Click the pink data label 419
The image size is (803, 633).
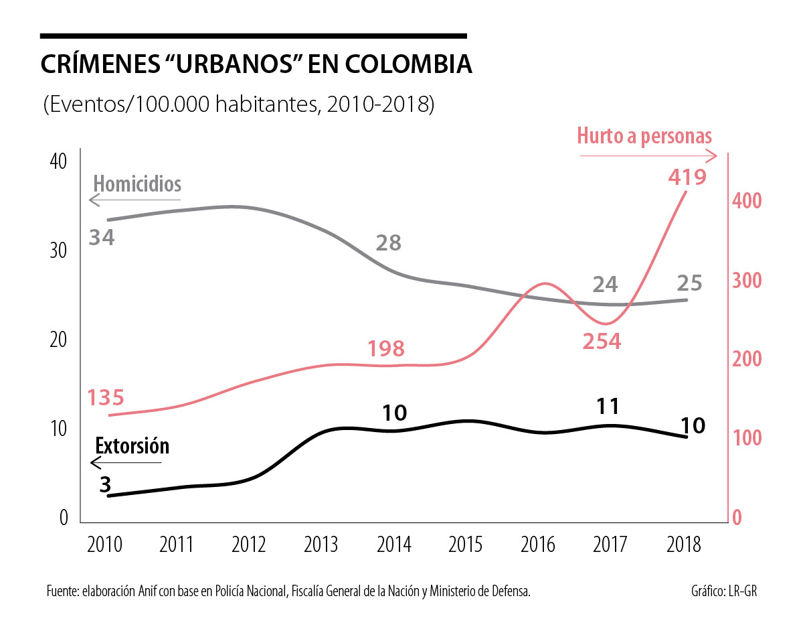tap(687, 178)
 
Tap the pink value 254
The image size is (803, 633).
tap(601, 342)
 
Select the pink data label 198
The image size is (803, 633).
tap(385, 349)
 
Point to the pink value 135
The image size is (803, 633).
tap(106, 398)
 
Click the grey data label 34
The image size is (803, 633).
tap(102, 237)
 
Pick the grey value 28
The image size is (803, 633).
tap(388, 242)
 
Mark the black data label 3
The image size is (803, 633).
tap(105, 484)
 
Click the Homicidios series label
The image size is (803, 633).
tap(137, 184)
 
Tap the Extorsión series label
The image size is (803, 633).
tap(132, 446)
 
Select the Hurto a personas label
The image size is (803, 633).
tap(644, 137)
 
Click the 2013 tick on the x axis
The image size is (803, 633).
tap(321, 544)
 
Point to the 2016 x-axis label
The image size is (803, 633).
tap(538, 544)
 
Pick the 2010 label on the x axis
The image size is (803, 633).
tap(104, 544)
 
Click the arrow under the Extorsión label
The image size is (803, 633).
tap(125, 463)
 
